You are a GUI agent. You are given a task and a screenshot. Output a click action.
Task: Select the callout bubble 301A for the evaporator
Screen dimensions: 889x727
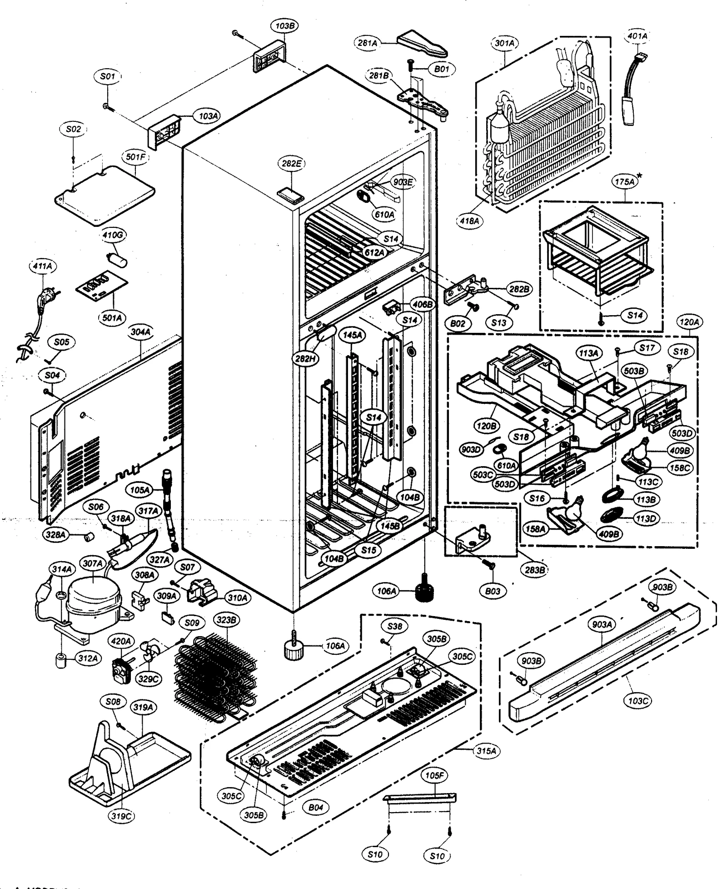[505, 43]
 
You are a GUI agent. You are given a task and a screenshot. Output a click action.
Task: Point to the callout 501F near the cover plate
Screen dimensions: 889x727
[135, 158]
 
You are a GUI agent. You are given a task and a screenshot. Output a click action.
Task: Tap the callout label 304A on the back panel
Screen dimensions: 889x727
[140, 332]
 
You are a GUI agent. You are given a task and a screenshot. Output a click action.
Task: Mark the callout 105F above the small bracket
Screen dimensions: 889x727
[434, 775]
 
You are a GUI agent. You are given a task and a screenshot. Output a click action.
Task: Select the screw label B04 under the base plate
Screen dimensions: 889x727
[315, 807]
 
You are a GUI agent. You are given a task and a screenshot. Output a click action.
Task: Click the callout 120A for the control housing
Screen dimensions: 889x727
[689, 322]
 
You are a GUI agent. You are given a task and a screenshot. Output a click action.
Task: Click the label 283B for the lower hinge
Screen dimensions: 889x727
[534, 570]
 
